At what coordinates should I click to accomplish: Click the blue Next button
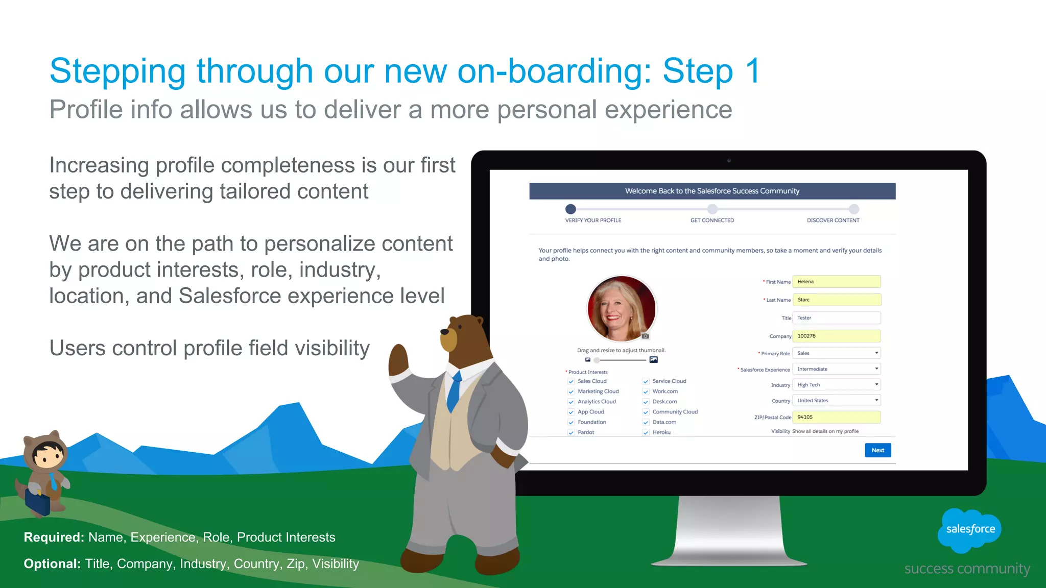point(877,450)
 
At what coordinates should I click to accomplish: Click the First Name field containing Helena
point(836,282)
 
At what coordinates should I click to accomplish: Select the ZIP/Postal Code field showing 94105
point(836,417)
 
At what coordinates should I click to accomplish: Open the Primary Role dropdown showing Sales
point(836,353)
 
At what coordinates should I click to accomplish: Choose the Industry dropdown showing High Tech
point(836,385)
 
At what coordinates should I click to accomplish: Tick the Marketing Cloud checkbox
point(571,391)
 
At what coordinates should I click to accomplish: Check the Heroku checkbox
point(646,432)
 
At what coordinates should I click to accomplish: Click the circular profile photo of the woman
point(621,308)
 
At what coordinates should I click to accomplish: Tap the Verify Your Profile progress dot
point(570,209)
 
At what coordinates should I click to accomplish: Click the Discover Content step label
point(833,220)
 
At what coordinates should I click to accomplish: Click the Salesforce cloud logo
point(969,530)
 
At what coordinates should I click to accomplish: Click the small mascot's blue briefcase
point(38,503)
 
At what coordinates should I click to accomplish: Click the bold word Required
point(54,537)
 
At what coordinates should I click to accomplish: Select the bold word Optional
point(52,564)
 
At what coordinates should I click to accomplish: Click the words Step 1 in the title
point(711,71)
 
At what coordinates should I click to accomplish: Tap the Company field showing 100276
point(836,336)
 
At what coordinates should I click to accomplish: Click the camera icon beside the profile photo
point(646,336)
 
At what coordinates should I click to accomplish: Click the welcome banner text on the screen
point(712,191)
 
